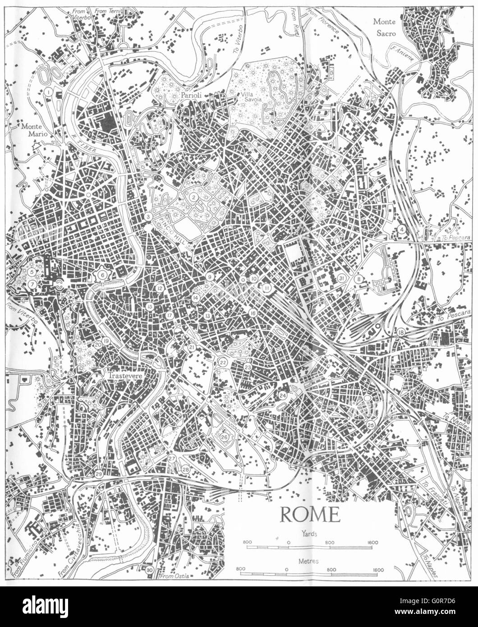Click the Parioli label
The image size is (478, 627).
[190, 96]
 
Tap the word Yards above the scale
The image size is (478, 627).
[310, 533]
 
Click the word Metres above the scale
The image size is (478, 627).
[308, 562]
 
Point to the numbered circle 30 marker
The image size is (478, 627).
[150, 571]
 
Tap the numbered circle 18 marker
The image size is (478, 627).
[401, 332]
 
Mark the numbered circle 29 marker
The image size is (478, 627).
[99, 474]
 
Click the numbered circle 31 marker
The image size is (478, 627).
[342, 278]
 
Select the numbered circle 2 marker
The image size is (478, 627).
[193, 197]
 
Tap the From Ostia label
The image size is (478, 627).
[173, 576]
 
